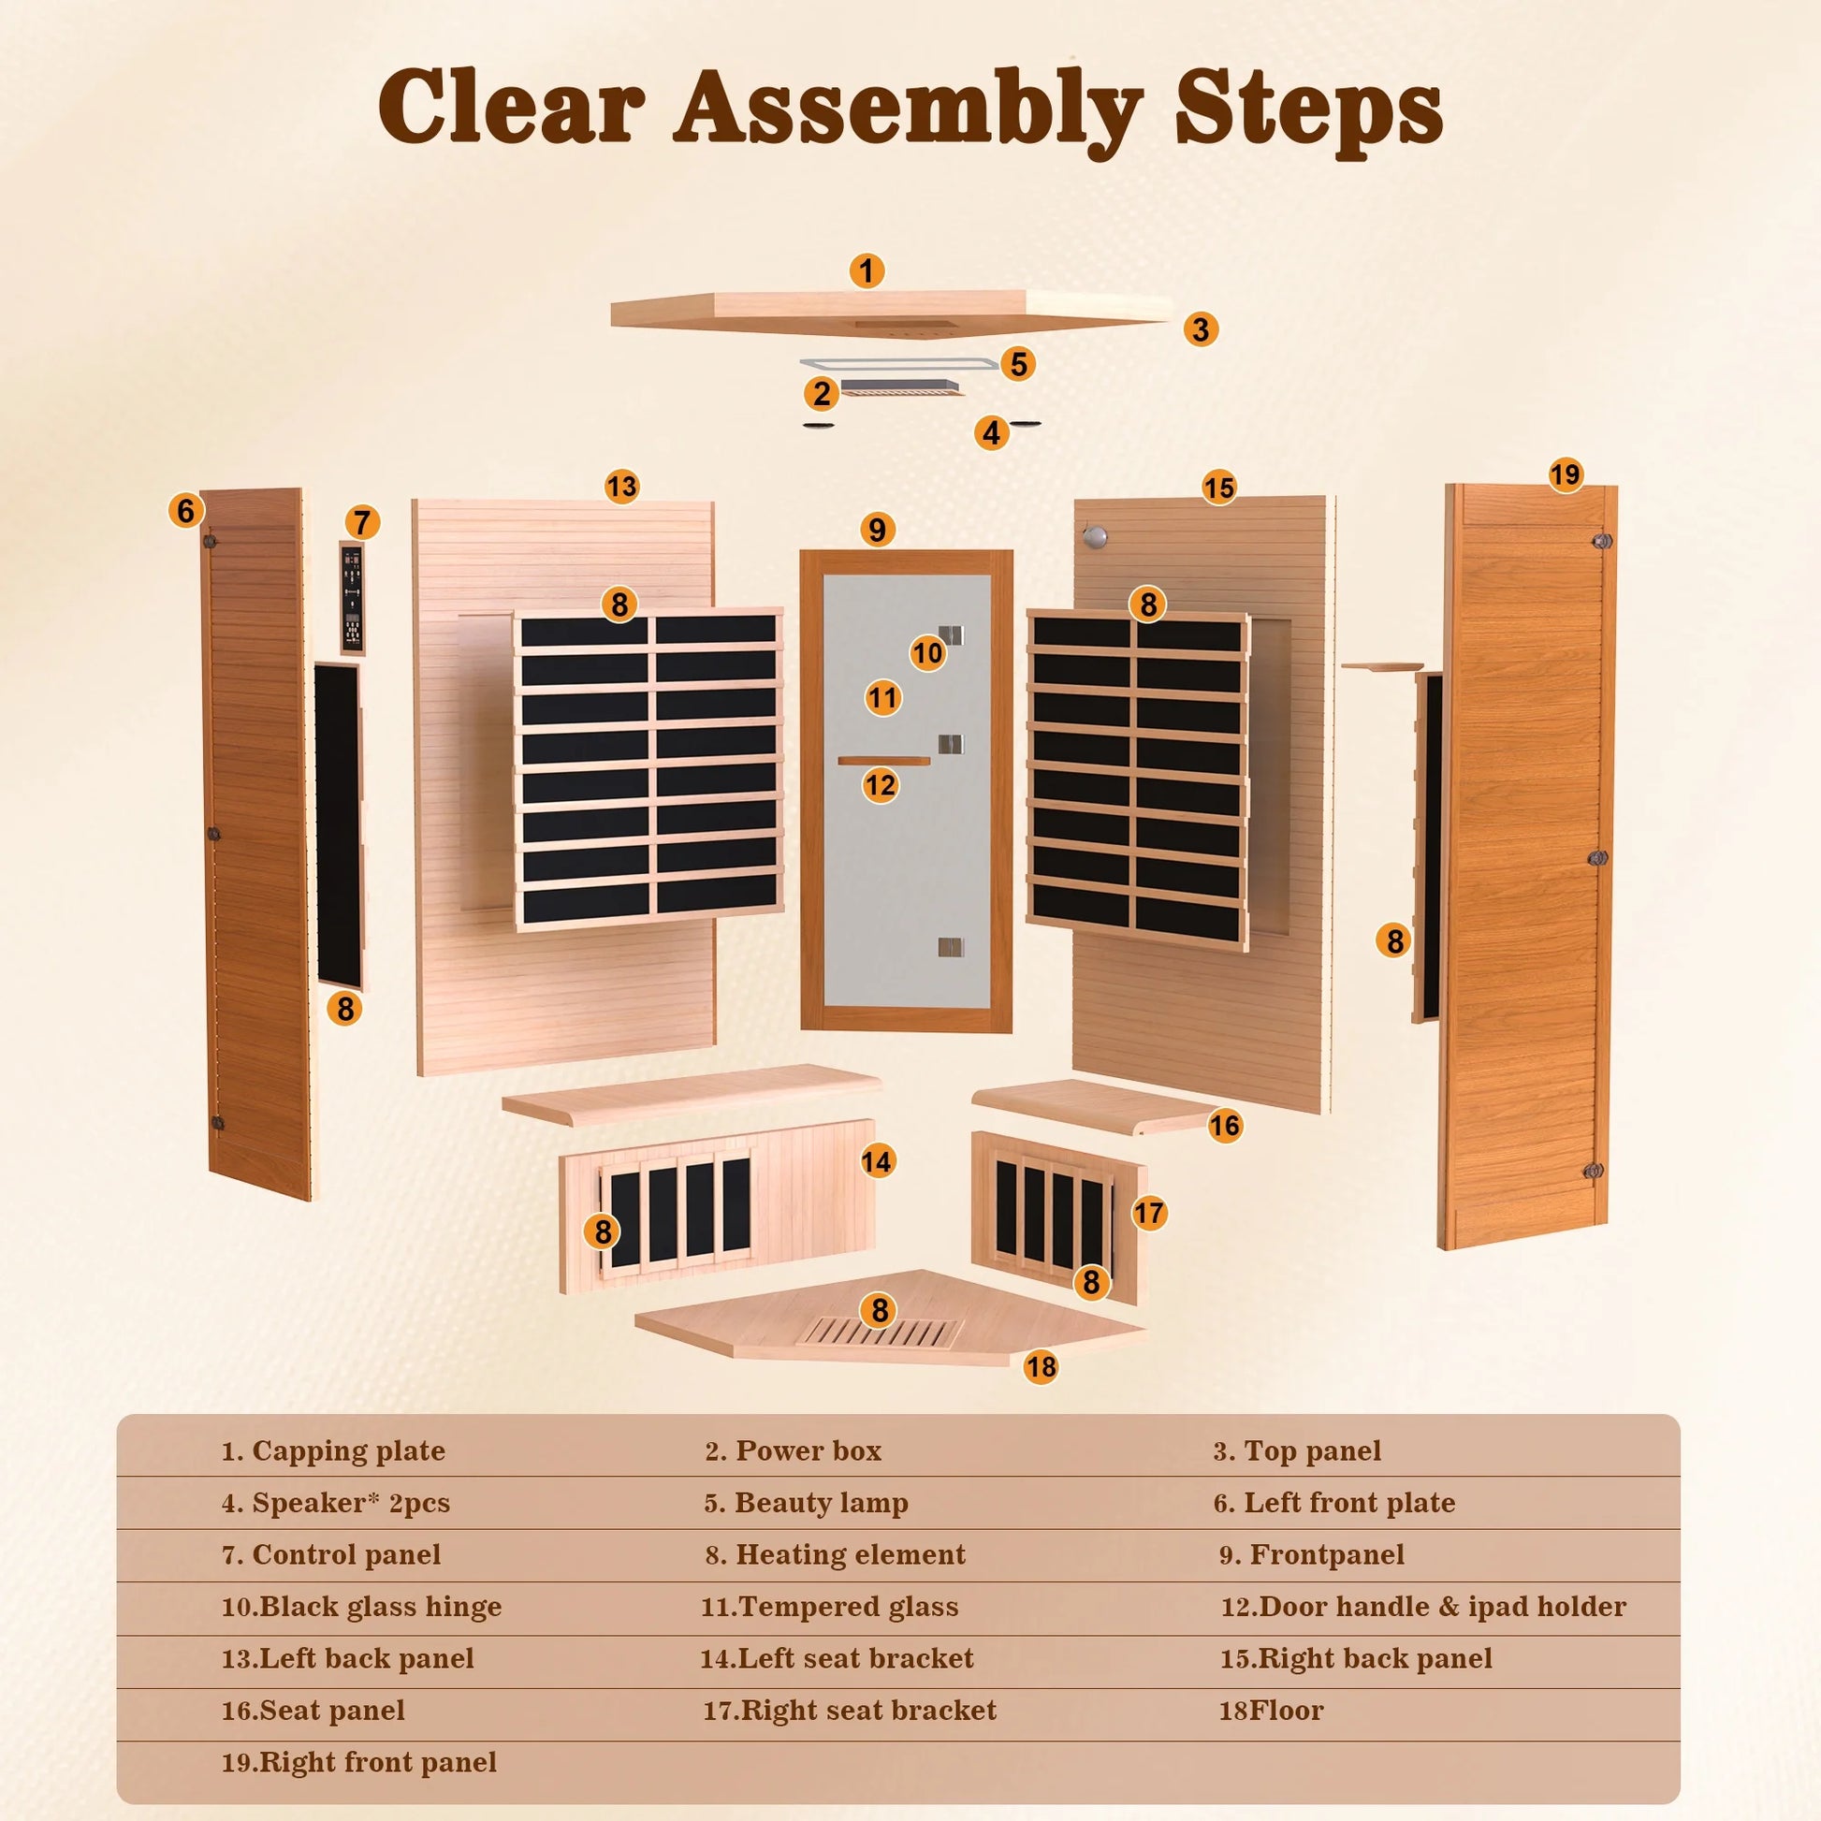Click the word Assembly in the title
click(x=908, y=109)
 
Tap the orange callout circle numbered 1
click(x=867, y=271)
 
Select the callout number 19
click(x=1565, y=474)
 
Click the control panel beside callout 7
click(x=352, y=599)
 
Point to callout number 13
click(x=622, y=487)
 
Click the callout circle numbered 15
click(x=1218, y=488)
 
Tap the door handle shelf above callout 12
click(x=883, y=761)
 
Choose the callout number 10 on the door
click(x=927, y=652)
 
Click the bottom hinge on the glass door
click(x=951, y=946)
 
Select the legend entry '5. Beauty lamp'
click(x=806, y=1503)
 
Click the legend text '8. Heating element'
click(x=835, y=1554)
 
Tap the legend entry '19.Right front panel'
click(x=359, y=1762)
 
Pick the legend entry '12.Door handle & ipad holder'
click(x=1423, y=1606)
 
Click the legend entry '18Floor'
click(x=1271, y=1710)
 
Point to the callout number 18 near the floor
click(x=1041, y=1367)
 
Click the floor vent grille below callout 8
click(x=879, y=1332)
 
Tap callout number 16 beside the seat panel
click(x=1224, y=1125)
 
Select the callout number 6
click(x=185, y=510)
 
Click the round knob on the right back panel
click(x=1093, y=538)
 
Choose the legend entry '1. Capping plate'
click(x=333, y=1450)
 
